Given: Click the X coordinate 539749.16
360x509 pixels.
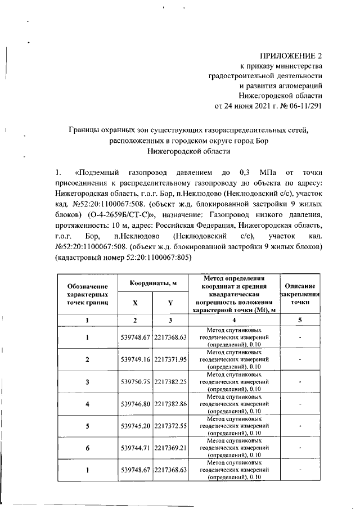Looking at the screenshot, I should click(136, 359).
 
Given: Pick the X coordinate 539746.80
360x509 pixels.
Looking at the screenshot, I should click(136, 404).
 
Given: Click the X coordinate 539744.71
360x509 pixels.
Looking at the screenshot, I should click(136, 448).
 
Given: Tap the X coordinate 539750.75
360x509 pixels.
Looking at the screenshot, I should click(136, 381).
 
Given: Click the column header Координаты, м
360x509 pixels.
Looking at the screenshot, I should click(152, 283).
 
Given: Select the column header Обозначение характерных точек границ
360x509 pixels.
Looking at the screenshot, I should click(87, 294).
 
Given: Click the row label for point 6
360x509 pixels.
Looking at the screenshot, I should click(88, 448).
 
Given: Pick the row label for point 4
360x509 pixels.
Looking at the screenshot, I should click(88, 404).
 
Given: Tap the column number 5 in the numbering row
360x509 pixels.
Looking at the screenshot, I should click(300, 320).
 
